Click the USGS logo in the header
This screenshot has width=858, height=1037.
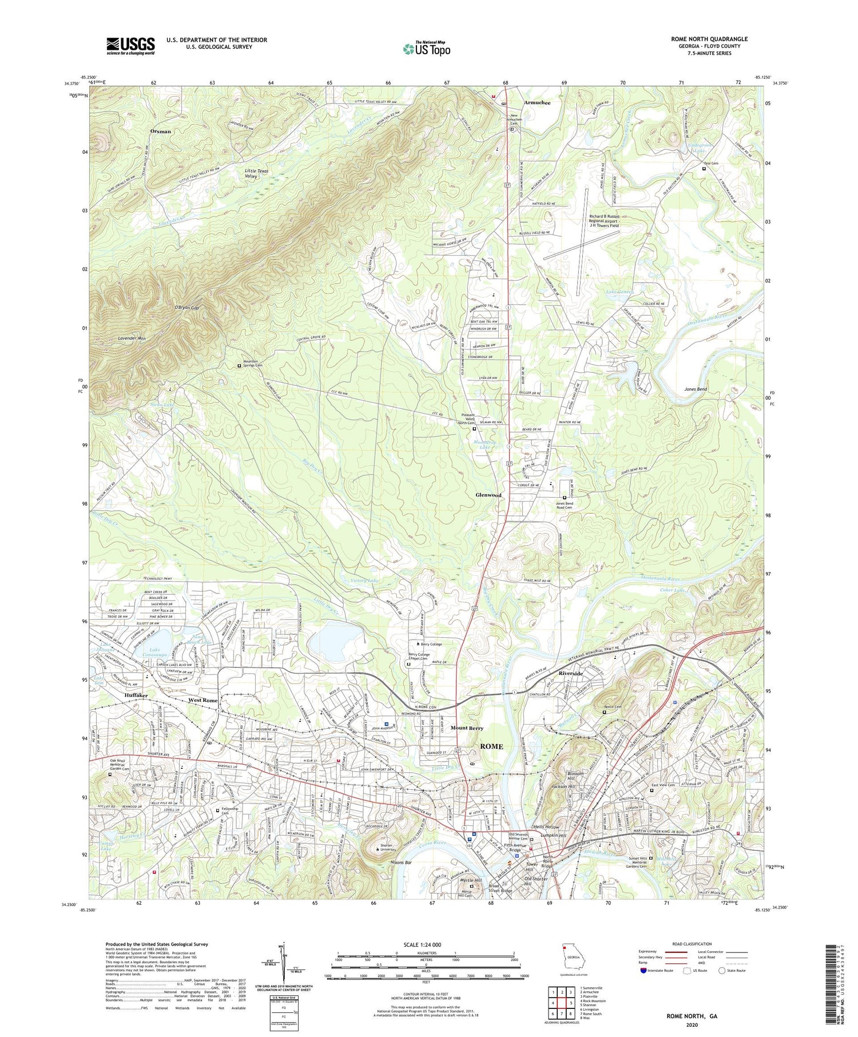tap(130, 46)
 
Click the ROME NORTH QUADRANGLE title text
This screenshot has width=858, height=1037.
tap(709, 39)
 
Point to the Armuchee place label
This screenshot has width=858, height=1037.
tap(537, 103)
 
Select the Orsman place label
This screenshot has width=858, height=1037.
tap(160, 131)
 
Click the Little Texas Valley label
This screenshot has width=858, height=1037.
tap(256, 173)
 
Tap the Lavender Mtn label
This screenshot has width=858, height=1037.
tap(131, 339)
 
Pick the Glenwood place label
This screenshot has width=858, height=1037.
tap(488, 495)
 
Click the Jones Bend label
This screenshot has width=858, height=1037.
tap(696, 389)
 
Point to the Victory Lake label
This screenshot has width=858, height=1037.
tap(364, 581)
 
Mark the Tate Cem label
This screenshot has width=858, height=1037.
tap(710, 164)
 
